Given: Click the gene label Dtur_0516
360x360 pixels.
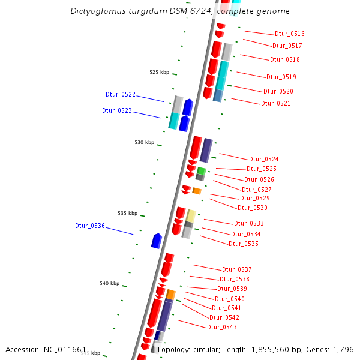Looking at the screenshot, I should tap(290, 34).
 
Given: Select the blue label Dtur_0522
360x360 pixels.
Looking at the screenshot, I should tap(121, 95).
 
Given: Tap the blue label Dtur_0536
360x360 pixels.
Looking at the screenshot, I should tap(90, 226).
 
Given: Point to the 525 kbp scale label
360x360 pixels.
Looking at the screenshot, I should tap(159, 72).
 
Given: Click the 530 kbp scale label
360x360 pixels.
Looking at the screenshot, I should tap(144, 142).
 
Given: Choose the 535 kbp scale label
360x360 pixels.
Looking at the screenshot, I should tap(127, 213).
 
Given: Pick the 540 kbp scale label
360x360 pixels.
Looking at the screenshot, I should tap(109, 283).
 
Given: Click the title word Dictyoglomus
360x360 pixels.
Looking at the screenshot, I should tap(100, 11).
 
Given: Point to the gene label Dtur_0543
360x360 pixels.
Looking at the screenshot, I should tap(222, 327).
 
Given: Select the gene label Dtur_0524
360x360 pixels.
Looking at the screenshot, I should tap(264, 159).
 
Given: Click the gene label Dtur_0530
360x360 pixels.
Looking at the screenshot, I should tap(253, 208).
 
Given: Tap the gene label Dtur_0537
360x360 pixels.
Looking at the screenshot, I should tap(237, 269).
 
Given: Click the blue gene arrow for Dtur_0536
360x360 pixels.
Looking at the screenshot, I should tap(157, 241).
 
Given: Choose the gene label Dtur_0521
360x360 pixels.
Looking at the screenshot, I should tap(276, 103).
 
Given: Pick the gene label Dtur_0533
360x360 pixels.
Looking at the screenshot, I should tap(249, 223).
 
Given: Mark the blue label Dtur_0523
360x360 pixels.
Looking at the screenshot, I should tap(117, 110).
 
